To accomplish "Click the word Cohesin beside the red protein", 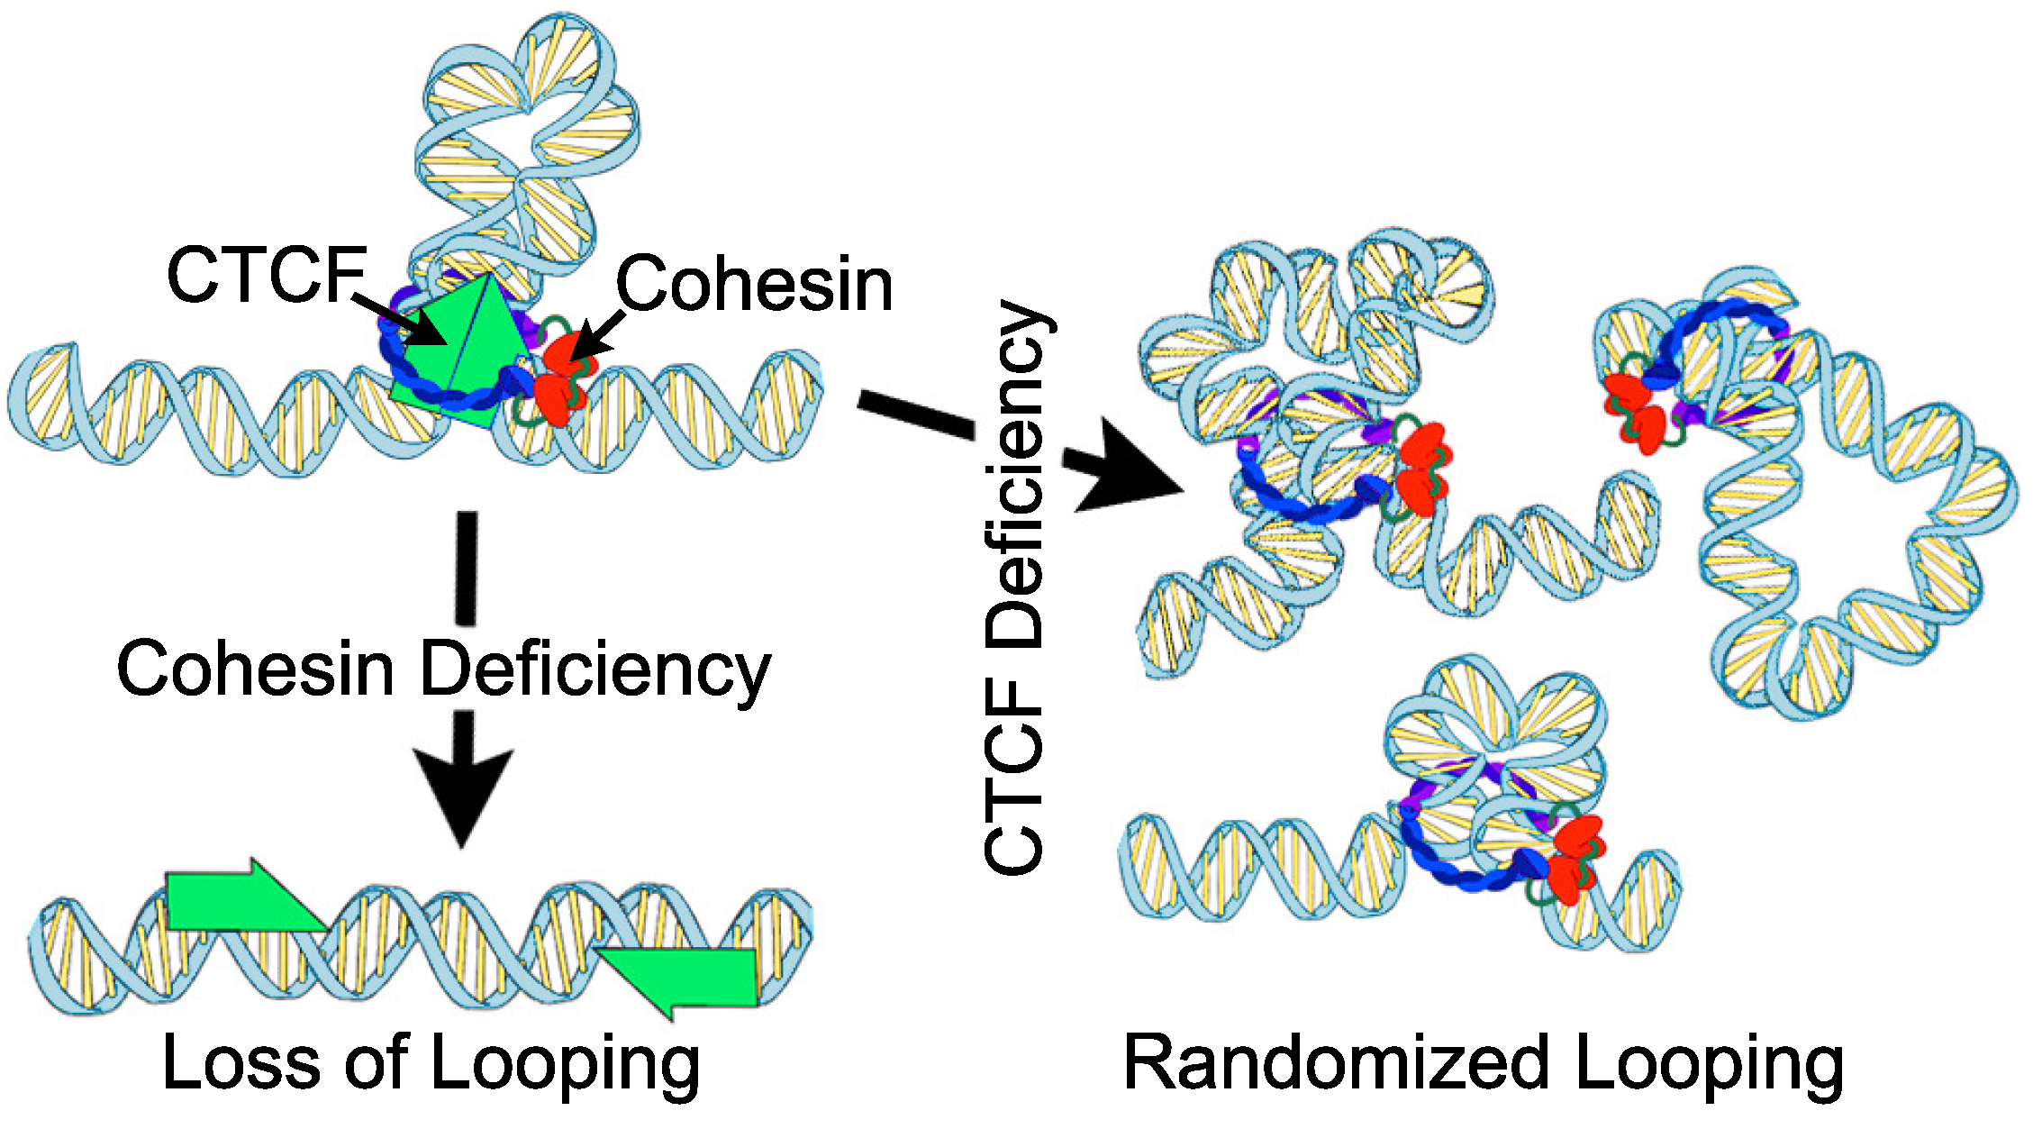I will pyautogui.click(x=754, y=285).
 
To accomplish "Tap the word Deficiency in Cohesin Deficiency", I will pyautogui.click(x=596, y=671).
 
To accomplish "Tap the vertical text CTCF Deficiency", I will pyautogui.click(x=1016, y=586).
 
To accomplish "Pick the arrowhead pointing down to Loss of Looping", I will pyautogui.click(x=463, y=793).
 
